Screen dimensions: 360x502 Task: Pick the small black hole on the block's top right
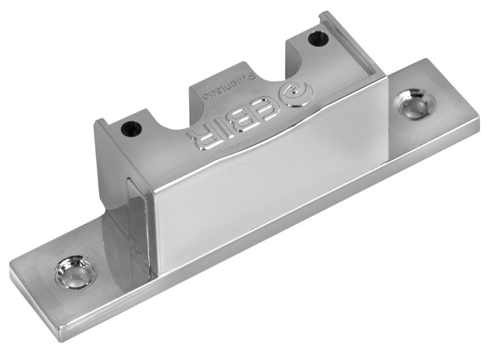point(315,39)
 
